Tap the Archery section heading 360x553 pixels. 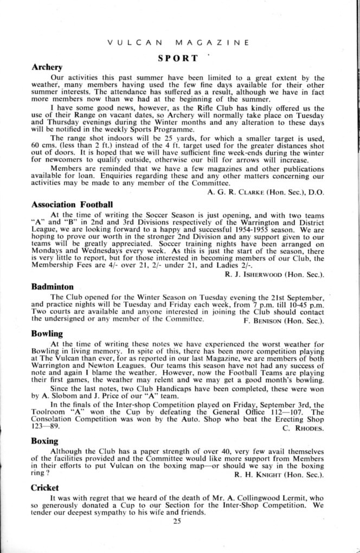(x=47, y=68)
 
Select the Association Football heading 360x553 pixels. (x=72, y=204)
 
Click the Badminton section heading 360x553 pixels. (x=53, y=286)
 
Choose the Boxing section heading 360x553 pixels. (x=45, y=441)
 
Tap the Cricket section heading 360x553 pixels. (x=45, y=487)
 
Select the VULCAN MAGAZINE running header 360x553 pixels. (x=178, y=42)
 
